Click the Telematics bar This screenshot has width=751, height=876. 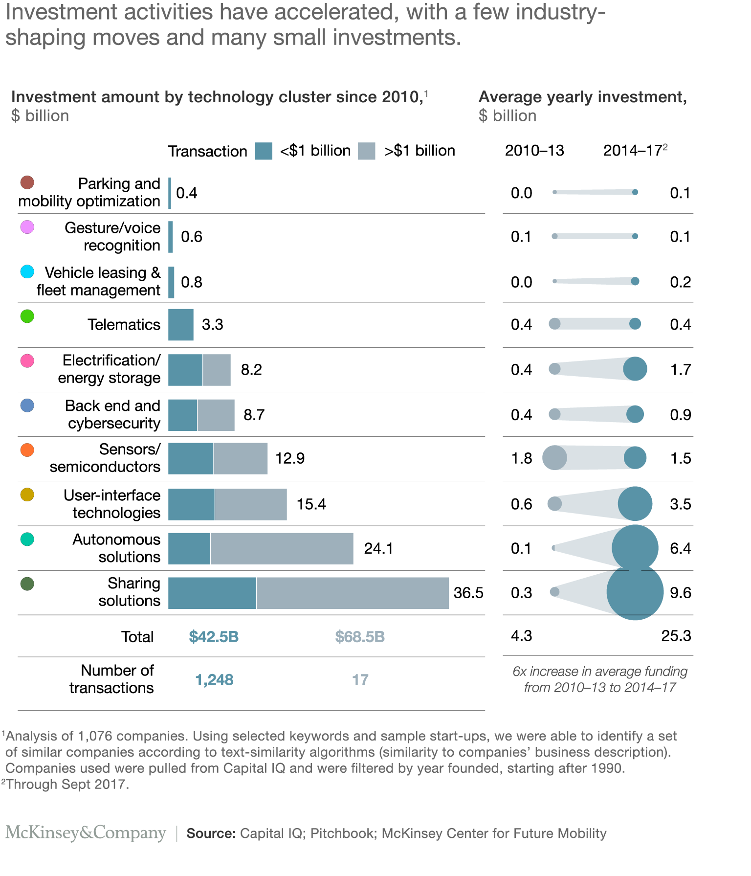pos(181,325)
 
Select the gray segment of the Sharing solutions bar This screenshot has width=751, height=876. pos(352,593)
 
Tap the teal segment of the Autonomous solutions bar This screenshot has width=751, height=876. pos(189,548)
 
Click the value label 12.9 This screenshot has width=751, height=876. pos(290,458)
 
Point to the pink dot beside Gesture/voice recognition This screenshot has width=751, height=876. pos(27,227)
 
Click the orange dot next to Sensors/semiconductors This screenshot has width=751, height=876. pos(27,450)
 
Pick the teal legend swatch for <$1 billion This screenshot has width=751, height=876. pos(264,151)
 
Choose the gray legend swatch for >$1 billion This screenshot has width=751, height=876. pos(366,151)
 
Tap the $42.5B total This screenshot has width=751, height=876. pos(214,637)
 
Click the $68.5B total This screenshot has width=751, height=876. pos(360,637)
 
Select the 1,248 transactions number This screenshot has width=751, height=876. pos(214,680)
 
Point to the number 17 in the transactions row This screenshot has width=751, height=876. pos(360,680)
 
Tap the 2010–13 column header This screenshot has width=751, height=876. pos(534,151)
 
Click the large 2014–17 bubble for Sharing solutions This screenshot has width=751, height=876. pos(635,592)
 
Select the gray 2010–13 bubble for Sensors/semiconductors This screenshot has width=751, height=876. pos(554,458)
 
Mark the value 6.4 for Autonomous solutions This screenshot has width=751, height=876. pos(680,548)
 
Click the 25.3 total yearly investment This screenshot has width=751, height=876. pos(676,636)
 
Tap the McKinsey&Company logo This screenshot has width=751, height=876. pos(86,832)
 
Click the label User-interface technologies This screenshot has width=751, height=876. pos(112,504)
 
